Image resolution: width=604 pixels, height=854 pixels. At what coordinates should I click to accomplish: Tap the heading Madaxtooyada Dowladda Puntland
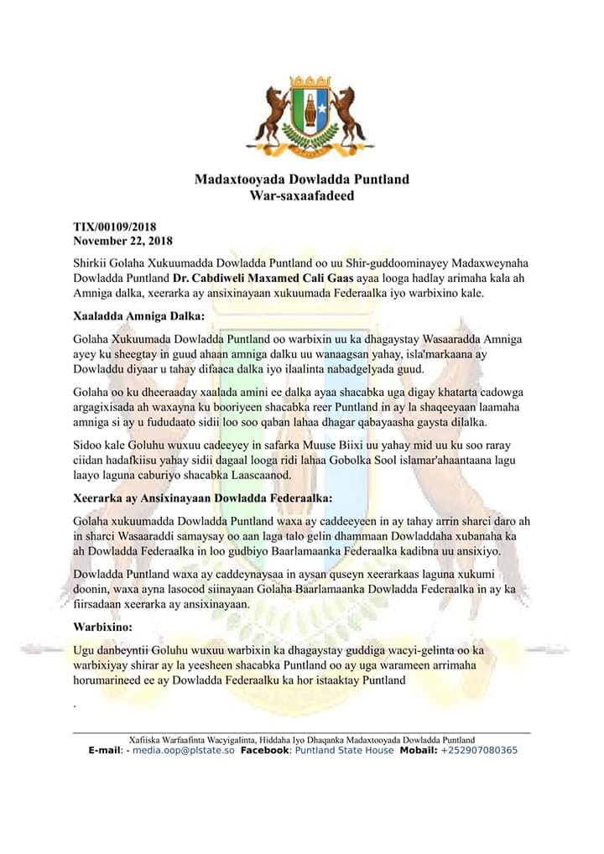click(x=302, y=180)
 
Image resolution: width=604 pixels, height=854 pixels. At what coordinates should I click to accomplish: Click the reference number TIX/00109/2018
click(x=115, y=227)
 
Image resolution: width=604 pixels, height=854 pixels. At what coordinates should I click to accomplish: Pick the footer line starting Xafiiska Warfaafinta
click(x=301, y=740)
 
